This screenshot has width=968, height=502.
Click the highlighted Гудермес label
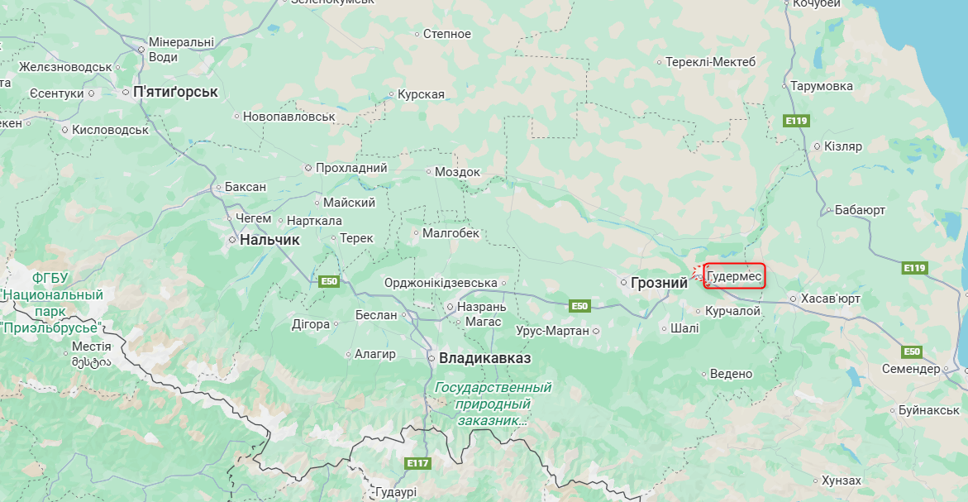click(735, 275)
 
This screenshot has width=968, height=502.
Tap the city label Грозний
click(659, 283)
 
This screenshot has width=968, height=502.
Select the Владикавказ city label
click(484, 358)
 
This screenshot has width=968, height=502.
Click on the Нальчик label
click(269, 240)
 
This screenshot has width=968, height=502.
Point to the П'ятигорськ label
click(175, 92)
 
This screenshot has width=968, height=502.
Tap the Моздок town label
click(457, 172)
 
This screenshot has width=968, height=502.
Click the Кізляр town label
click(842, 146)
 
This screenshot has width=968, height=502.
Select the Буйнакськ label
click(928, 410)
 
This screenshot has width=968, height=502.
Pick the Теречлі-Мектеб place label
click(711, 62)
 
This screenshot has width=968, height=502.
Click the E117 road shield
click(417, 463)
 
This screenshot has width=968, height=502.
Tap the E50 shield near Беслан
click(329, 282)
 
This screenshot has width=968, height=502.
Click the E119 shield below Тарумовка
click(795, 122)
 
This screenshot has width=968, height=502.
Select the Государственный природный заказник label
click(493, 404)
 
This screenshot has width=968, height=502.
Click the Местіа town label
click(92, 347)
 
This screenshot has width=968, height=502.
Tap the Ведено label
click(731, 374)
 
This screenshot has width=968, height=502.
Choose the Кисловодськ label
click(110, 130)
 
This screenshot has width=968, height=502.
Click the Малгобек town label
click(451, 233)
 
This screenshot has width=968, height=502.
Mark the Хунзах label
click(841, 480)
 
